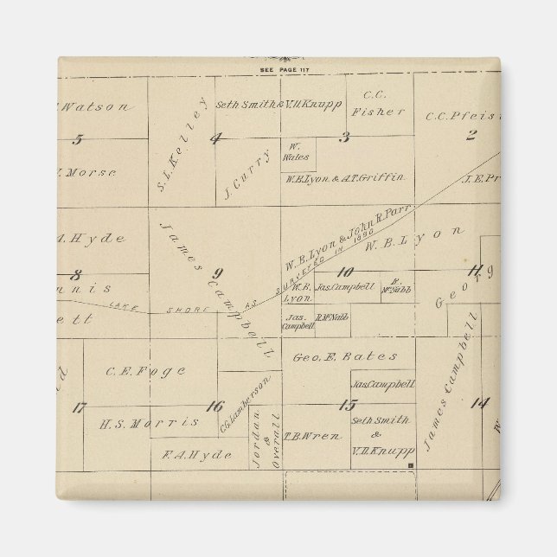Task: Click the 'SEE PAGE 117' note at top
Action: [x=278, y=69]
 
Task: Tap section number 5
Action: [x=78, y=138]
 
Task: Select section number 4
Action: [x=215, y=138]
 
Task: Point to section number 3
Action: [x=344, y=137]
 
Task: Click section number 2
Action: [x=471, y=134]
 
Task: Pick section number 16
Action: [x=215, y=405]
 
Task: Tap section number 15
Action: [x=348, y=405]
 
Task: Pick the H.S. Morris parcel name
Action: [x=149, y=423]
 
